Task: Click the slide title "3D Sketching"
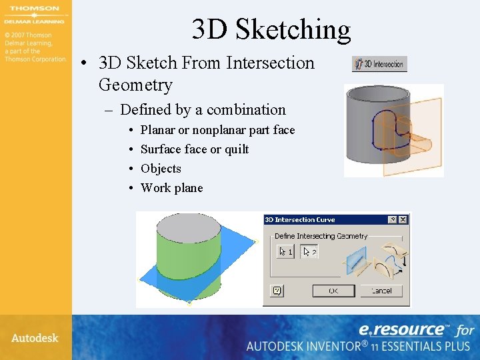pyautogui.click(x=271, y=29)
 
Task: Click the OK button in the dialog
pyautogui.click(x=333, y=291)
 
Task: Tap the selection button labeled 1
pyautogui.click(x=285, y=251)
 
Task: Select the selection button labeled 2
pyautogui.click(x=308, y=251)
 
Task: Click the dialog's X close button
pyautogui.click(x=403, y=219)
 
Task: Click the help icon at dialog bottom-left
pyautogui.click(x=277, y=291)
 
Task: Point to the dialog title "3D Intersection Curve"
pyautogui.click(x=300, y=219)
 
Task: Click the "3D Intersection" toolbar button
pyautogui.click(x=379, y=64)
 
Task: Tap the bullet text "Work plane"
pyautogui.click(x=171, y=188)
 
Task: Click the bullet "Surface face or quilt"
pyautogui.click(x=195, y=149)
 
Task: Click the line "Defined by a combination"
pyautogui.click(x=203, y=110)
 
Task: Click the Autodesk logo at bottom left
pyautogui.click(x=35, y=338)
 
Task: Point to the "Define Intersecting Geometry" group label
pyautogui.click(x=321, y=236)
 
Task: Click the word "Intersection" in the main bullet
pyautogui.click(x=270, y=63)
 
